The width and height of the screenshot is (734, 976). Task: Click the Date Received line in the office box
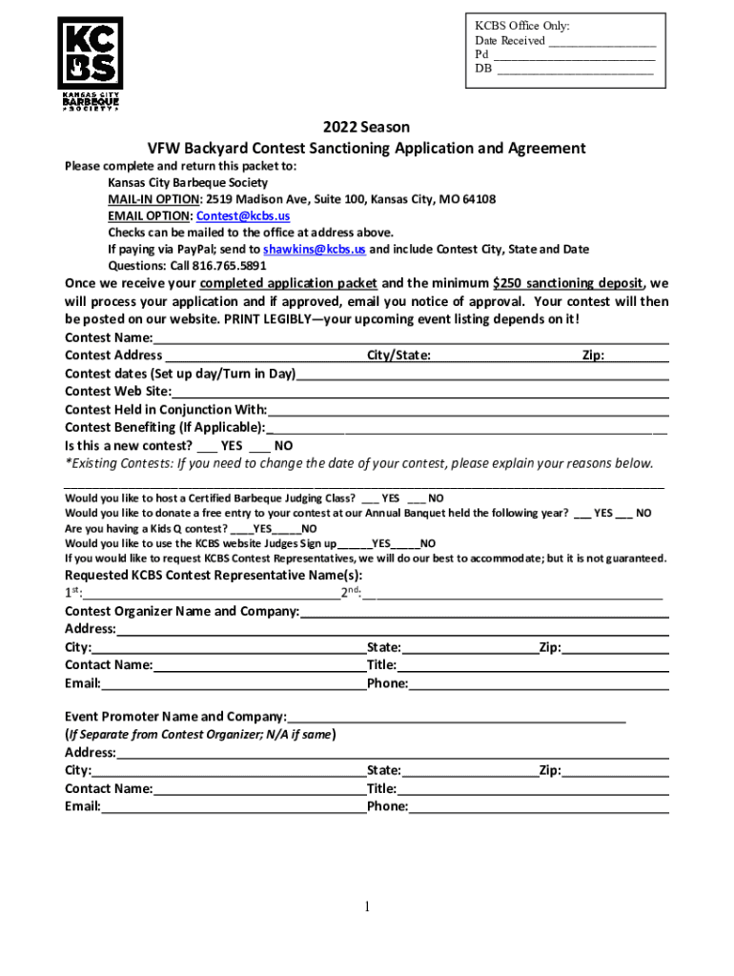(601, 42)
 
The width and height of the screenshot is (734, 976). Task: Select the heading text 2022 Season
(366, 127)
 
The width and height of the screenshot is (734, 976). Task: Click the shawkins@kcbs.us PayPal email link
(314, 250)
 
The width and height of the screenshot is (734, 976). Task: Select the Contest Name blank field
(410, 338)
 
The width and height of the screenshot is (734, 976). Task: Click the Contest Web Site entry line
(419, 392)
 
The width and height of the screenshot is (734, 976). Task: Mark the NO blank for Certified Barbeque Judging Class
(417, 498)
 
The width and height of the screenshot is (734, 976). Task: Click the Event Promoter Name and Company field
(457, 717)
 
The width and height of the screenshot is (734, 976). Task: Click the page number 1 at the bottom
(366, 906)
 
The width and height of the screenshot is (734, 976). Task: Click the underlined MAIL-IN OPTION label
(153, 200)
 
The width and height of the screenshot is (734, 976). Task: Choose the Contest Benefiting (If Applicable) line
(467, 428)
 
